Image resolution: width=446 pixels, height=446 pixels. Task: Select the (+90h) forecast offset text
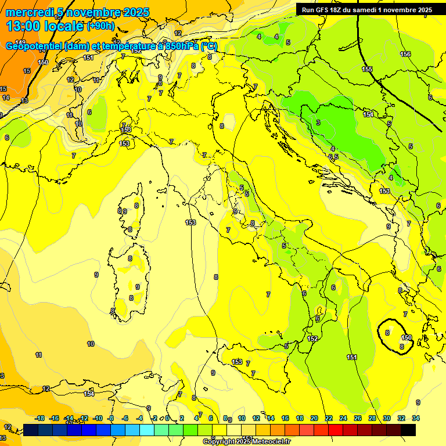(x=100, y=27)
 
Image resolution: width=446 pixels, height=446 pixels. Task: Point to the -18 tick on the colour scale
(x=40, y=418)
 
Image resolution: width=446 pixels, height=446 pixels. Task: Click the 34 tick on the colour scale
(x=416, y=418)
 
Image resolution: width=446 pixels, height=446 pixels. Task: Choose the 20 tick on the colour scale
(x=314, y=418)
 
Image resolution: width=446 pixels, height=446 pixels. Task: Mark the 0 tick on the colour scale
(x=167, y=418)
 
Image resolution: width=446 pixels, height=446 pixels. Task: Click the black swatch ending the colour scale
(x=408, y=430)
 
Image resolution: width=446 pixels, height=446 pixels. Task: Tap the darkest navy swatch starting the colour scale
(x=31, y=430)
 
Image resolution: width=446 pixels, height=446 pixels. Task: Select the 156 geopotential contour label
(x=405, y=54)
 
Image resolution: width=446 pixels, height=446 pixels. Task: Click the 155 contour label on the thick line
(x=367, y=69)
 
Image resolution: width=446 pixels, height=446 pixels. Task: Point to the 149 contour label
(x=20, y=42)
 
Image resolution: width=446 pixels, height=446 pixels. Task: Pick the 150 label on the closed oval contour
(x=407, y=337)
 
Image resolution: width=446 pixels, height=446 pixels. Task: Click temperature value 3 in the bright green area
(x=318, y=123)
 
